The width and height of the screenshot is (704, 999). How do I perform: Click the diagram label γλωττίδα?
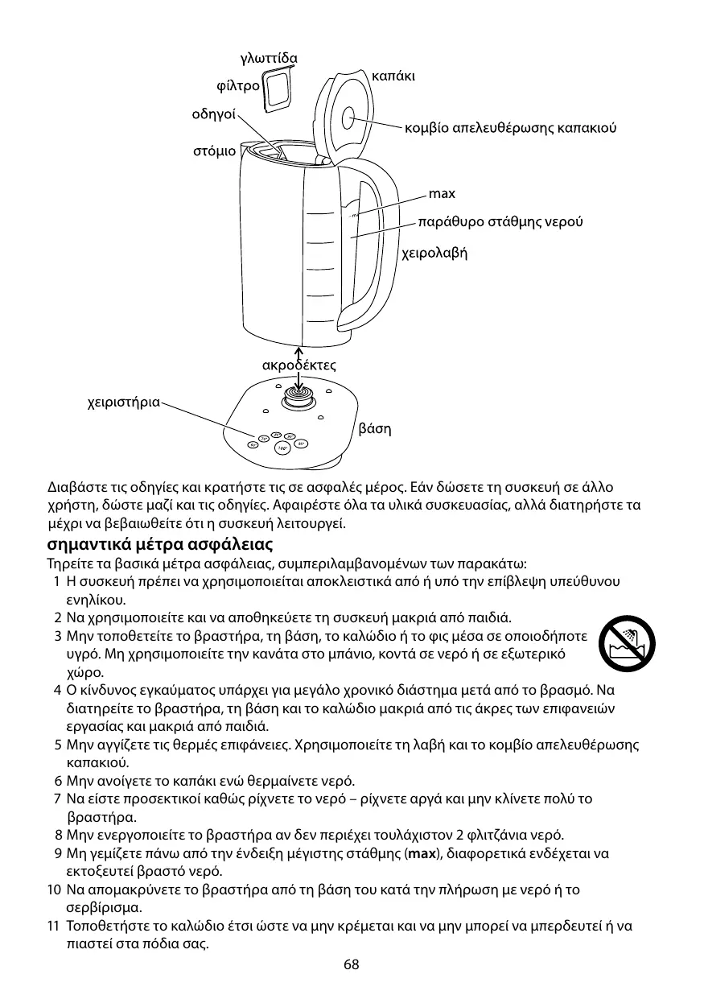click(269, 59)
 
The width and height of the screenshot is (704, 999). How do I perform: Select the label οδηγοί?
click(213, 114)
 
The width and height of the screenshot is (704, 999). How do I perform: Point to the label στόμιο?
click(214, 151)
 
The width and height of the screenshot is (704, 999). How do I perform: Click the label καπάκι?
click(394, 76)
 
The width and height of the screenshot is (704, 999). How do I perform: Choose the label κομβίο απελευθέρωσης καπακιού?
click(511, 128)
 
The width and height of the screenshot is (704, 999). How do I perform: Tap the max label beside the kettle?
click(442, 194)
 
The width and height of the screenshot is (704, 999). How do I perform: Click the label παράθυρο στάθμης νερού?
click(500, 221)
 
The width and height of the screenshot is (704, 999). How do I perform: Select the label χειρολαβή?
click(434, 253)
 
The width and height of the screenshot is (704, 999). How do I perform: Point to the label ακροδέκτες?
click(299, 366)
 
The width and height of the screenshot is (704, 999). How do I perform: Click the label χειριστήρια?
click(123, 400)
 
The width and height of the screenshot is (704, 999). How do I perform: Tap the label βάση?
click(374, 428)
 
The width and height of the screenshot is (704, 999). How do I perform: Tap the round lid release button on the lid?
click(352, 119)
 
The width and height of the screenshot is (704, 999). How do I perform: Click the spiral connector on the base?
click(298, 399)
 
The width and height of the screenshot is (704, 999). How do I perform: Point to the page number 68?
click(352, 964)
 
